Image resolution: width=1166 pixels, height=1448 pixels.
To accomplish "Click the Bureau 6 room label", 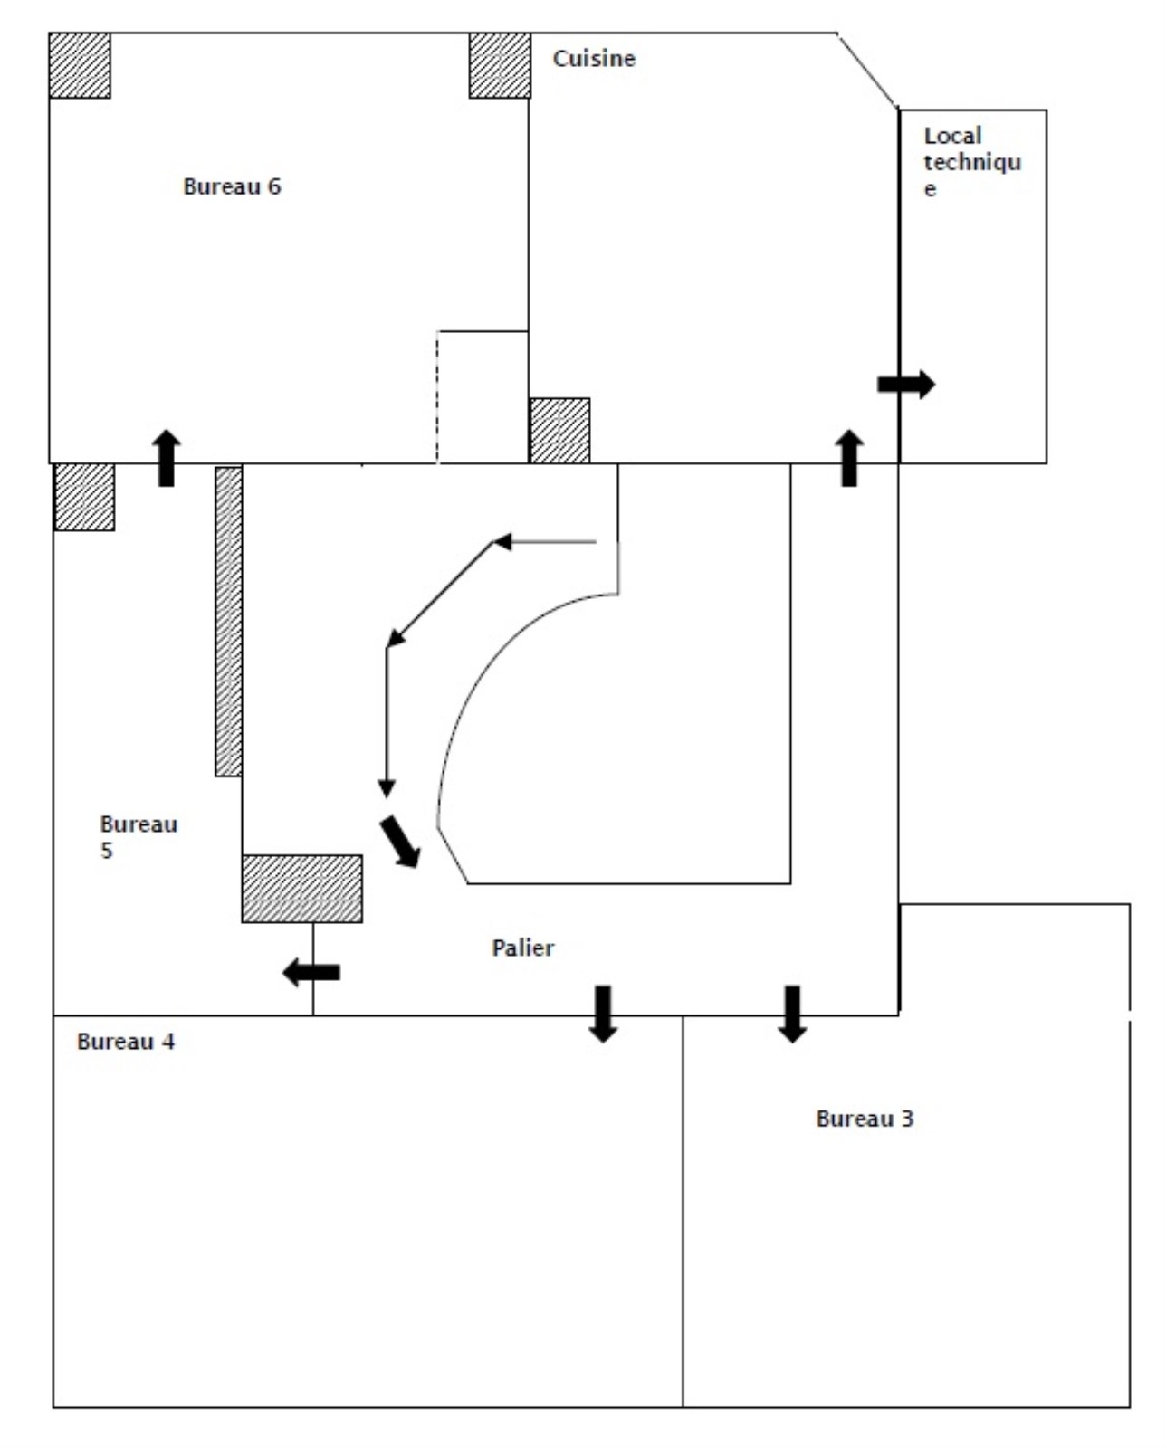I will pos(232,186).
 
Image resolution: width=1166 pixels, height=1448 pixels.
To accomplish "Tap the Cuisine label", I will pos(594,59).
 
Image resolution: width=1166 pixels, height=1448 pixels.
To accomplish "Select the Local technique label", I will pos(971,161).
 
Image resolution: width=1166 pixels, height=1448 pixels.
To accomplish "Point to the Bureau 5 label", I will pos(138,837).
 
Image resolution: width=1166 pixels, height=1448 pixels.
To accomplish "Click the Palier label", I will pos(522,948).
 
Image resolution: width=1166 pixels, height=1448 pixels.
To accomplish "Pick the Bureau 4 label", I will pos(126,1042).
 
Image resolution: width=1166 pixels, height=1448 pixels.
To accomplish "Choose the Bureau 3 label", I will pos(865,1119).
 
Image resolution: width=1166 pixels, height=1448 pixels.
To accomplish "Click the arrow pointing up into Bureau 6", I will pos(166,458).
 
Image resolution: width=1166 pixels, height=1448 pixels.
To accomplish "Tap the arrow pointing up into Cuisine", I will pos(848,458).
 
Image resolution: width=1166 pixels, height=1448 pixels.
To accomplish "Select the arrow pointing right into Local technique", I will pos(906,384).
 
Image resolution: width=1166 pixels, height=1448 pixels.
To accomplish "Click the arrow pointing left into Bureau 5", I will pos(311,973).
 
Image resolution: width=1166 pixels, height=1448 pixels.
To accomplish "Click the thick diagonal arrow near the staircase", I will pos(400,842).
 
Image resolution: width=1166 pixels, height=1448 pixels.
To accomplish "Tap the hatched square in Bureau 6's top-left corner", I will pos(80,65).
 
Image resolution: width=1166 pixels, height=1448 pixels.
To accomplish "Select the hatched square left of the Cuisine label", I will pos(500,65).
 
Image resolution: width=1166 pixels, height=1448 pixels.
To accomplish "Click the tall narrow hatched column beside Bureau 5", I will pos(228,621).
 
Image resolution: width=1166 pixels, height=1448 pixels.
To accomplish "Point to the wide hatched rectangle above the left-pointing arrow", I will pos(301,889).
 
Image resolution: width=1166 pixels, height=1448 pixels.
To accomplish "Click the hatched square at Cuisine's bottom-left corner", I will pos(559,431).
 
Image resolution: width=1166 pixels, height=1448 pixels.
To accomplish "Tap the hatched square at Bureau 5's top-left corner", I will pos(84,497).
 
